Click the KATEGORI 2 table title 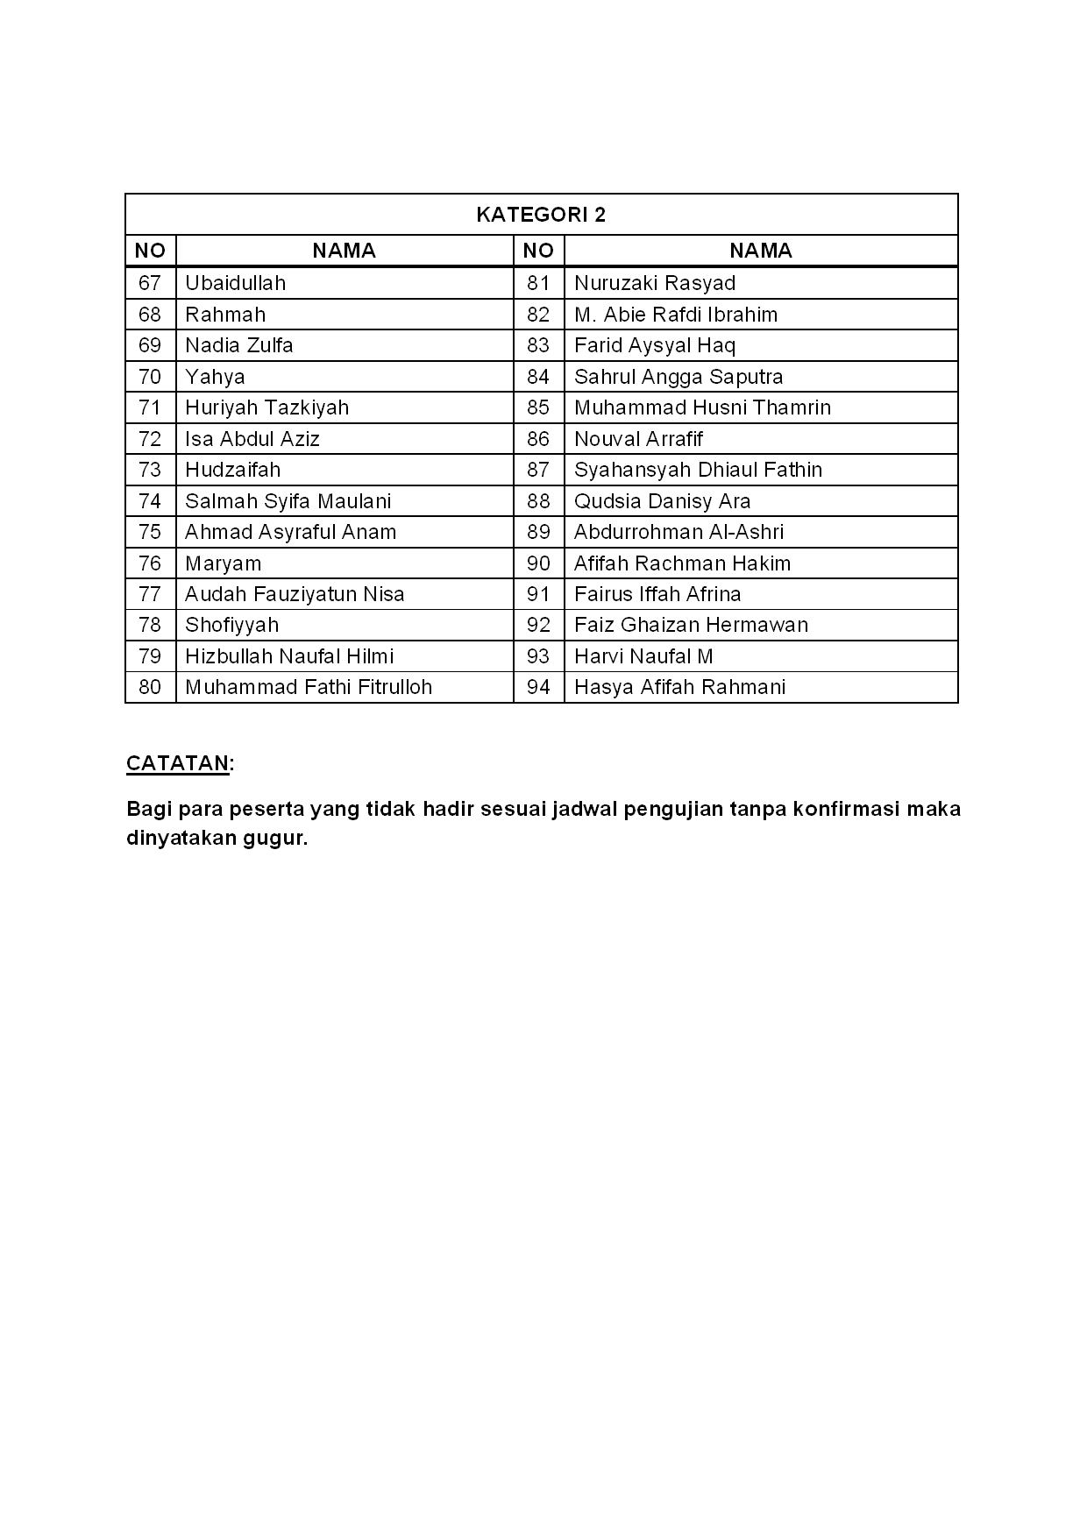pyautogui.click(x=541, y=215)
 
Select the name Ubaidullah pyautogui.click(x=235, y=283)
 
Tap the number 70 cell pyautogui.click(x=150, y=377)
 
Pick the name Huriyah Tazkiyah pyautogui.click(x=266, y=407)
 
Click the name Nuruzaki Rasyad pyautogui.click(x=654, y=283)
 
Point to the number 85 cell pyautogui.click(x=538, y=407)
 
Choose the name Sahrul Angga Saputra pyautogui.click(x=678, y=377)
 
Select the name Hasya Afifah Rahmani pyautogui.click(x=679, y=687)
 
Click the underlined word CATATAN pyautogui.click(x=178, y=763)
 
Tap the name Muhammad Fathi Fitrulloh pyautogui.click(x=309, y=687)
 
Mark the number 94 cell pyautogui.click(x=538, y=687)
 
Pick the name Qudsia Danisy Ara pyautogui.click(x=662, y=501)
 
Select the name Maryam pyautogui.click(x=223, y=563)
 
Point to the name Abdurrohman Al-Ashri pyautogui.click(x=678, y=532)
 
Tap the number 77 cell pyautogui.click(x=150, y=594)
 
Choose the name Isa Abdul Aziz pyautogui.click(x=252, y=439)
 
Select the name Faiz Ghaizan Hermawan pyautogui.click(x=691, y=625)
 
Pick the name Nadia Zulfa pyautogui.click(x=238, y=345)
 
